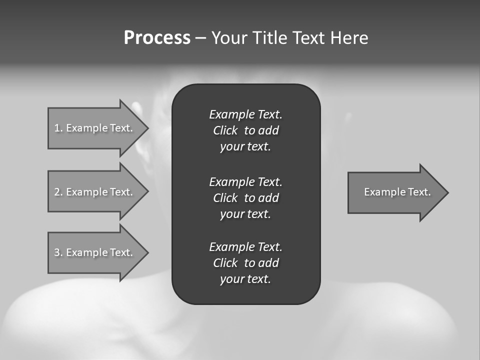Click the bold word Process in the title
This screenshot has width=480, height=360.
[x=157, y=38]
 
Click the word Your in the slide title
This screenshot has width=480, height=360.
[x=229, y=38]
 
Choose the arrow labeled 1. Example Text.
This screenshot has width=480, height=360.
[x=95, y=128]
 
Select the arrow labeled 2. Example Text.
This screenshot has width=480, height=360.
[x=95, y=191]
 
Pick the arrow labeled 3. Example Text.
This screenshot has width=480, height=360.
[x=95, y=252]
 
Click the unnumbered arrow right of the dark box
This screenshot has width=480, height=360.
[x=395, y=192]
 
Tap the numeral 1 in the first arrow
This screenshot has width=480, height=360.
[x=57, y=128]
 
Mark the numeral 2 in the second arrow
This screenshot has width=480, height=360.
[x=57, y=192]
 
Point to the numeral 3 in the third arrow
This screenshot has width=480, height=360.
[x=57, y=252]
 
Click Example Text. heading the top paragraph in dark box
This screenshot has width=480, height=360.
[x=245, y=114]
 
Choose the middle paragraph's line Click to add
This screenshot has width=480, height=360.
[x=245, y=198]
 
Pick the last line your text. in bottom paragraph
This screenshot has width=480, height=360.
[x=245, y=279]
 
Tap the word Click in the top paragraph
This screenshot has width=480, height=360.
[x=225, y=130]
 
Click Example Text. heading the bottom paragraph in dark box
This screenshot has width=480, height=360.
[x=245, y=247]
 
